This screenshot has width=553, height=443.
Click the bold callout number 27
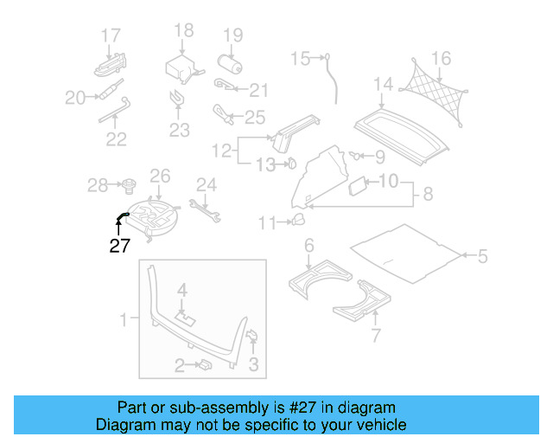119,246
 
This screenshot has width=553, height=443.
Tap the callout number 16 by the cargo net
441,59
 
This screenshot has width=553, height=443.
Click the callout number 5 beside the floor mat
483,255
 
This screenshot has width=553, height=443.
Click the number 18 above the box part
183,31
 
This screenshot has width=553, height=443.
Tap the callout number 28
99,184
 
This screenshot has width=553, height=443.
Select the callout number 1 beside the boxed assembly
124,320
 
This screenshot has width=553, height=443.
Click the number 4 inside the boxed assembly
182,288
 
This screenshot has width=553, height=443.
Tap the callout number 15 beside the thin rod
300,59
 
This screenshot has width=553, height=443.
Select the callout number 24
206,183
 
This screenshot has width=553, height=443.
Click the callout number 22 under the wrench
116,138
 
